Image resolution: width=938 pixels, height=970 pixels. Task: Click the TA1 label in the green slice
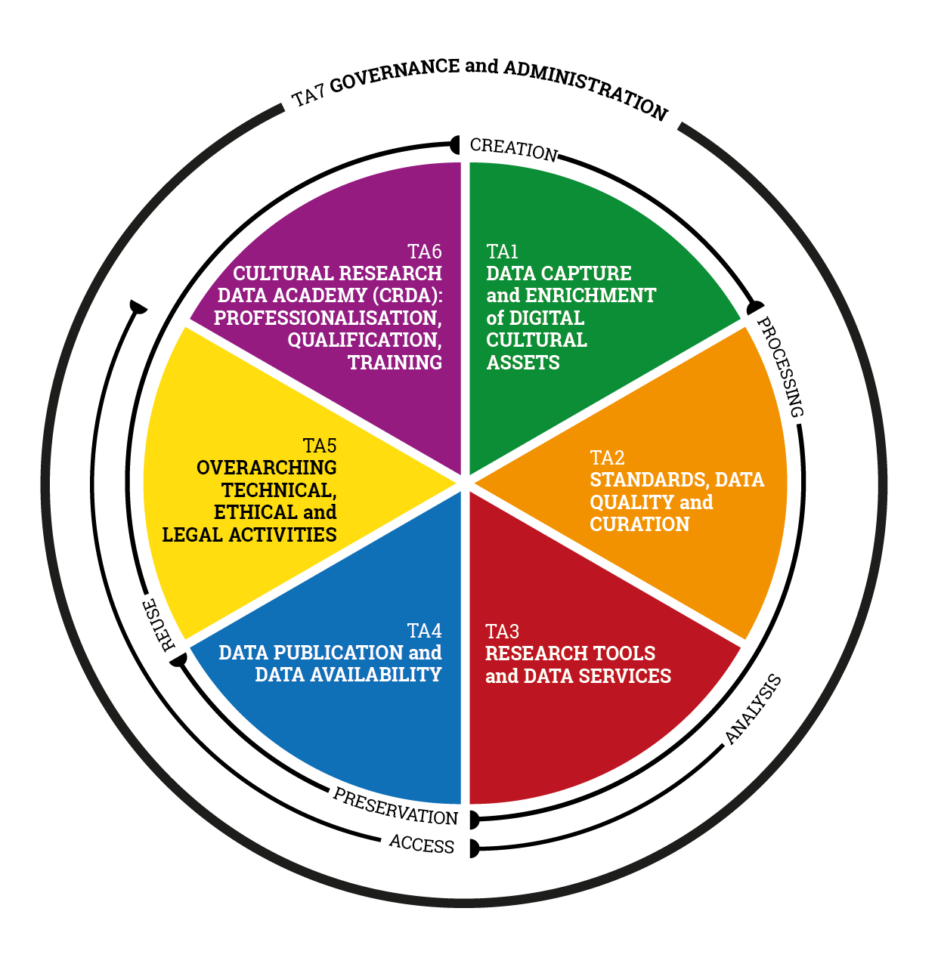[502, 252]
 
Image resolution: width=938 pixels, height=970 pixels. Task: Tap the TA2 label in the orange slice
[607, 458]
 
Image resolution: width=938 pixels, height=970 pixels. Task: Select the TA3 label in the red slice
[502, 632]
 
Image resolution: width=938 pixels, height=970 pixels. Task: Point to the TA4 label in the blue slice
[424, 631]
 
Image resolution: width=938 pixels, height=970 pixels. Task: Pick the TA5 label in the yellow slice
[320, 446]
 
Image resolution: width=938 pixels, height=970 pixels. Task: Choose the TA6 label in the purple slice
[424, 252]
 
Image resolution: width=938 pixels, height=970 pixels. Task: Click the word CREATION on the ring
[513, 149]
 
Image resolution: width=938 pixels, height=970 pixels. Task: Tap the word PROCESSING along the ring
[781, 366]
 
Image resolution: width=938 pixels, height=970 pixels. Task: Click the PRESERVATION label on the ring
[395, 806]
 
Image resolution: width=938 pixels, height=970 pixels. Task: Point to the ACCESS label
[422, 844]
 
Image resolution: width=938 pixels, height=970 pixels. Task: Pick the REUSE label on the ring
[160, 624]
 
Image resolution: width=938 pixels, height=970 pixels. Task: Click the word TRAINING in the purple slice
[395, 363]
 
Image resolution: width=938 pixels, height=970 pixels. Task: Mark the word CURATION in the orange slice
[639, 524]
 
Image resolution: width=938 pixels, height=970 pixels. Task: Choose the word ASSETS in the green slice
[523, 363]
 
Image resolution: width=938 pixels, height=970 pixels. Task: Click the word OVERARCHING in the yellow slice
[266, 468]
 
